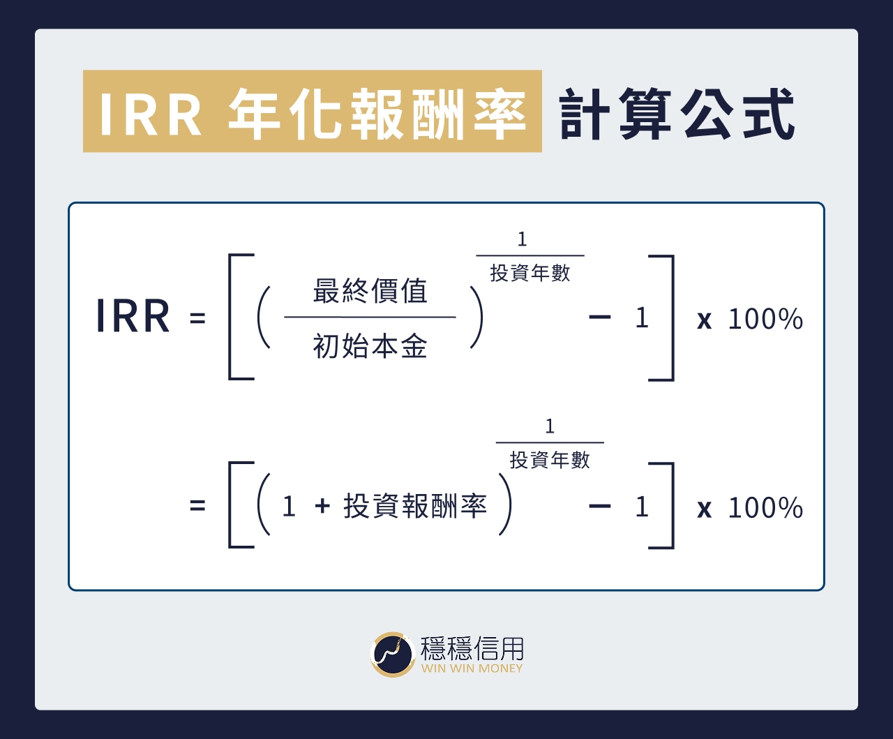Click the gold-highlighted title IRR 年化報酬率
point(312,112)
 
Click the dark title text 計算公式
point(677,113)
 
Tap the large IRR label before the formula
point(133,317)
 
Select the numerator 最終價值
point(370,291)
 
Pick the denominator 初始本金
point(370,346)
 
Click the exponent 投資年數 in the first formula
point(530,273)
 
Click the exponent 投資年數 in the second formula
point(550,460)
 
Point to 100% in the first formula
point(765,320)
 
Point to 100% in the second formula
point(765,508)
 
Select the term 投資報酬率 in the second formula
point(415,507)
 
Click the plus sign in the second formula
point(322,506)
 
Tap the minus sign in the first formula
point(599,318)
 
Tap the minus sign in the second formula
point(599,507)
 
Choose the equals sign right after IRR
point(197,319)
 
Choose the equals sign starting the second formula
point(197,505)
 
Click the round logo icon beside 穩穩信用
point(393,654)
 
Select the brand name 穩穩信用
point(472,648)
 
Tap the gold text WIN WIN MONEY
point(472,669)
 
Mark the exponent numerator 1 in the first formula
point(522,240)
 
